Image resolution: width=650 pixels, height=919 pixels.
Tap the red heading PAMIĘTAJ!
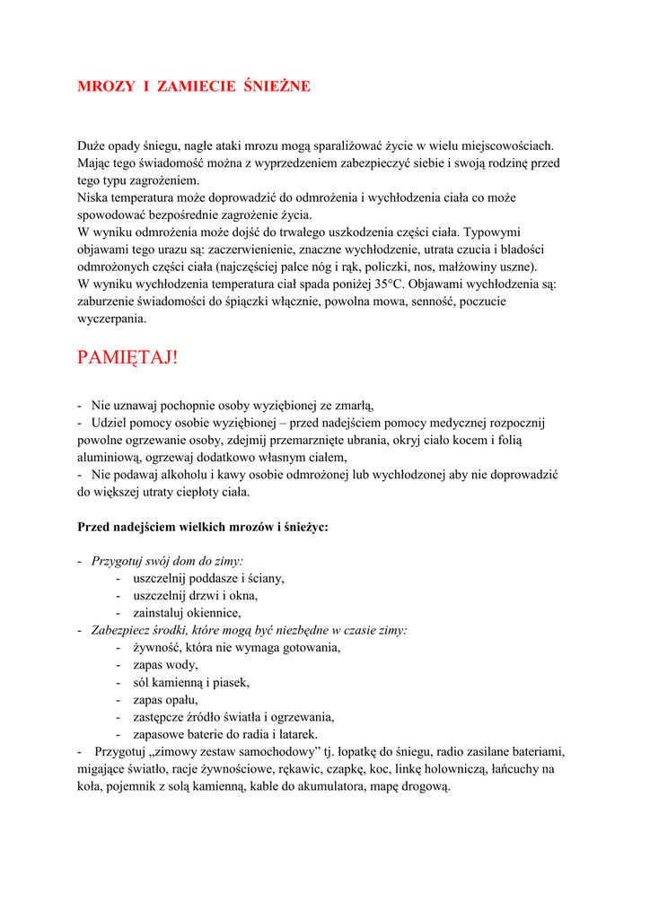click(127, 357)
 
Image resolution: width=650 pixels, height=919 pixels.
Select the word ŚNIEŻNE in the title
click(277, 87)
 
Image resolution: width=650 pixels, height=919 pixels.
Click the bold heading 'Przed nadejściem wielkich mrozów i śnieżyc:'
click(203, 527)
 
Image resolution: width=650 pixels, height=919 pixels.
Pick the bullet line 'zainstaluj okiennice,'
click(187, 613)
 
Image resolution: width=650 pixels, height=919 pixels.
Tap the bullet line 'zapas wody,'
click(164, 665)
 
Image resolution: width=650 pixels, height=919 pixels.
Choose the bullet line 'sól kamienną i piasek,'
click(190, 682)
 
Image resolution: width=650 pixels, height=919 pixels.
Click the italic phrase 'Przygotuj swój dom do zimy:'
click(161, 561)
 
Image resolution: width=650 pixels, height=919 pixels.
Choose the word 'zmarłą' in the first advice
click(351, 406)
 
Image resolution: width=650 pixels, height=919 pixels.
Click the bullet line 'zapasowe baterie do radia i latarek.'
click(224, 733)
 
